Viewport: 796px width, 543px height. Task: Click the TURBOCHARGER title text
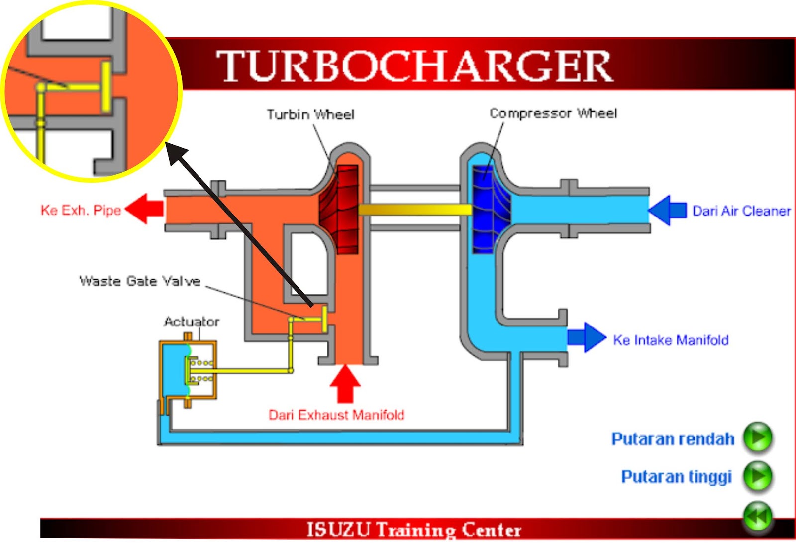pyautogui.click(x=414, y=66)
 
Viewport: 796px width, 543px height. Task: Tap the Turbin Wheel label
pyautogui.click(x=310, y=115)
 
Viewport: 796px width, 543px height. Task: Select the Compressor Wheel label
pyautogui.click(x=553, y=113)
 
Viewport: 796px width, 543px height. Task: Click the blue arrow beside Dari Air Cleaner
pyautogui.click(x=667, y=211)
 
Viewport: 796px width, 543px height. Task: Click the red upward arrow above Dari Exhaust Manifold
pyautogui.click(x=345, y=383)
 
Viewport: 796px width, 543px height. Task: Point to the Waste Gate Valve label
pyautogui.click(x=140, y=281)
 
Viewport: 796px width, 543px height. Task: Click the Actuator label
pyautogui.click(x=192, y=322)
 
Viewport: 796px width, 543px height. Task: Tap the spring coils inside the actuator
pyautogui.click(x=202, y=371)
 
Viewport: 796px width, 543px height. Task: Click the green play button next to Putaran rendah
pyautogui.click(x=757, y=437)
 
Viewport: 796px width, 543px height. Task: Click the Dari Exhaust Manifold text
pyautogui.click(x=336, y=415)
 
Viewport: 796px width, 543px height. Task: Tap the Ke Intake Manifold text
pyautogui.click(x=670, y=340)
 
